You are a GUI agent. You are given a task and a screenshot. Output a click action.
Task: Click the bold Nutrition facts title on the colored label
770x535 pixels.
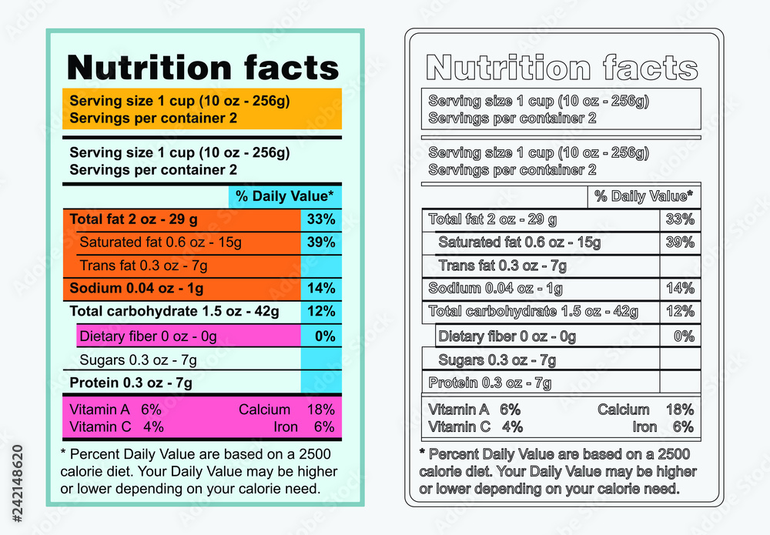(203, 68)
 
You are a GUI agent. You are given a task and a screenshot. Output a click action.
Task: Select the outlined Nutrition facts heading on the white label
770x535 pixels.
(562, 68)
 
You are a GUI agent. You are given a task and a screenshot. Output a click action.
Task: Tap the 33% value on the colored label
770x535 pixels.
(321, 219)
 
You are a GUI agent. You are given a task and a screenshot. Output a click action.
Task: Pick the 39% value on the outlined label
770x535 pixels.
(680, 242)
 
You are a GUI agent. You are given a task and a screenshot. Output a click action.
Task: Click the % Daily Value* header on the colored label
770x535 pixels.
(285, 196)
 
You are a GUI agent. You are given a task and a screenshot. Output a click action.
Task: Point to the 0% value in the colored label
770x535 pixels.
(325, 336)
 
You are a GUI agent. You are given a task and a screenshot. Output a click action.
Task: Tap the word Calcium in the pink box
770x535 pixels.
(264, 410)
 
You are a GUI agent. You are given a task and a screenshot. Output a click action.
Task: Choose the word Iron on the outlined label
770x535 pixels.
(644, 427)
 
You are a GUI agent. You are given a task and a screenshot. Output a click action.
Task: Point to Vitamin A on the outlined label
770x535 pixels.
(459, 410)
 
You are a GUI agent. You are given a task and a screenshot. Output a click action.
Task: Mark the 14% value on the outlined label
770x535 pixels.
(680, 289)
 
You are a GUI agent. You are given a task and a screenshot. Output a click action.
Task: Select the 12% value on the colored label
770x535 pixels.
(321, 312)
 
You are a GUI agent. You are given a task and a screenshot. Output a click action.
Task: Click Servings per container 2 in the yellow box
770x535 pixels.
(153, 119)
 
